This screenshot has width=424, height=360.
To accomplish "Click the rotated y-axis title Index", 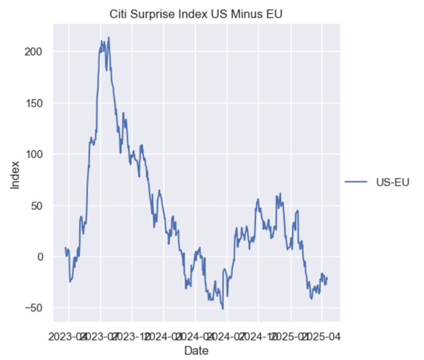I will coord(15,175).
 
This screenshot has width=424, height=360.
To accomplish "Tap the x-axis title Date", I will coord(196,350).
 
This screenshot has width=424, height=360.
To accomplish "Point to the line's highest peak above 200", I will coord(109,37).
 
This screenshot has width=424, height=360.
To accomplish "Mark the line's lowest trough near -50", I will coord(223,309).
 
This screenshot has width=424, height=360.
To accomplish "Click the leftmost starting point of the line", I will coord(65,248).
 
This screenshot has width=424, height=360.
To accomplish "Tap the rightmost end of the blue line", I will coord(328,277).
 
